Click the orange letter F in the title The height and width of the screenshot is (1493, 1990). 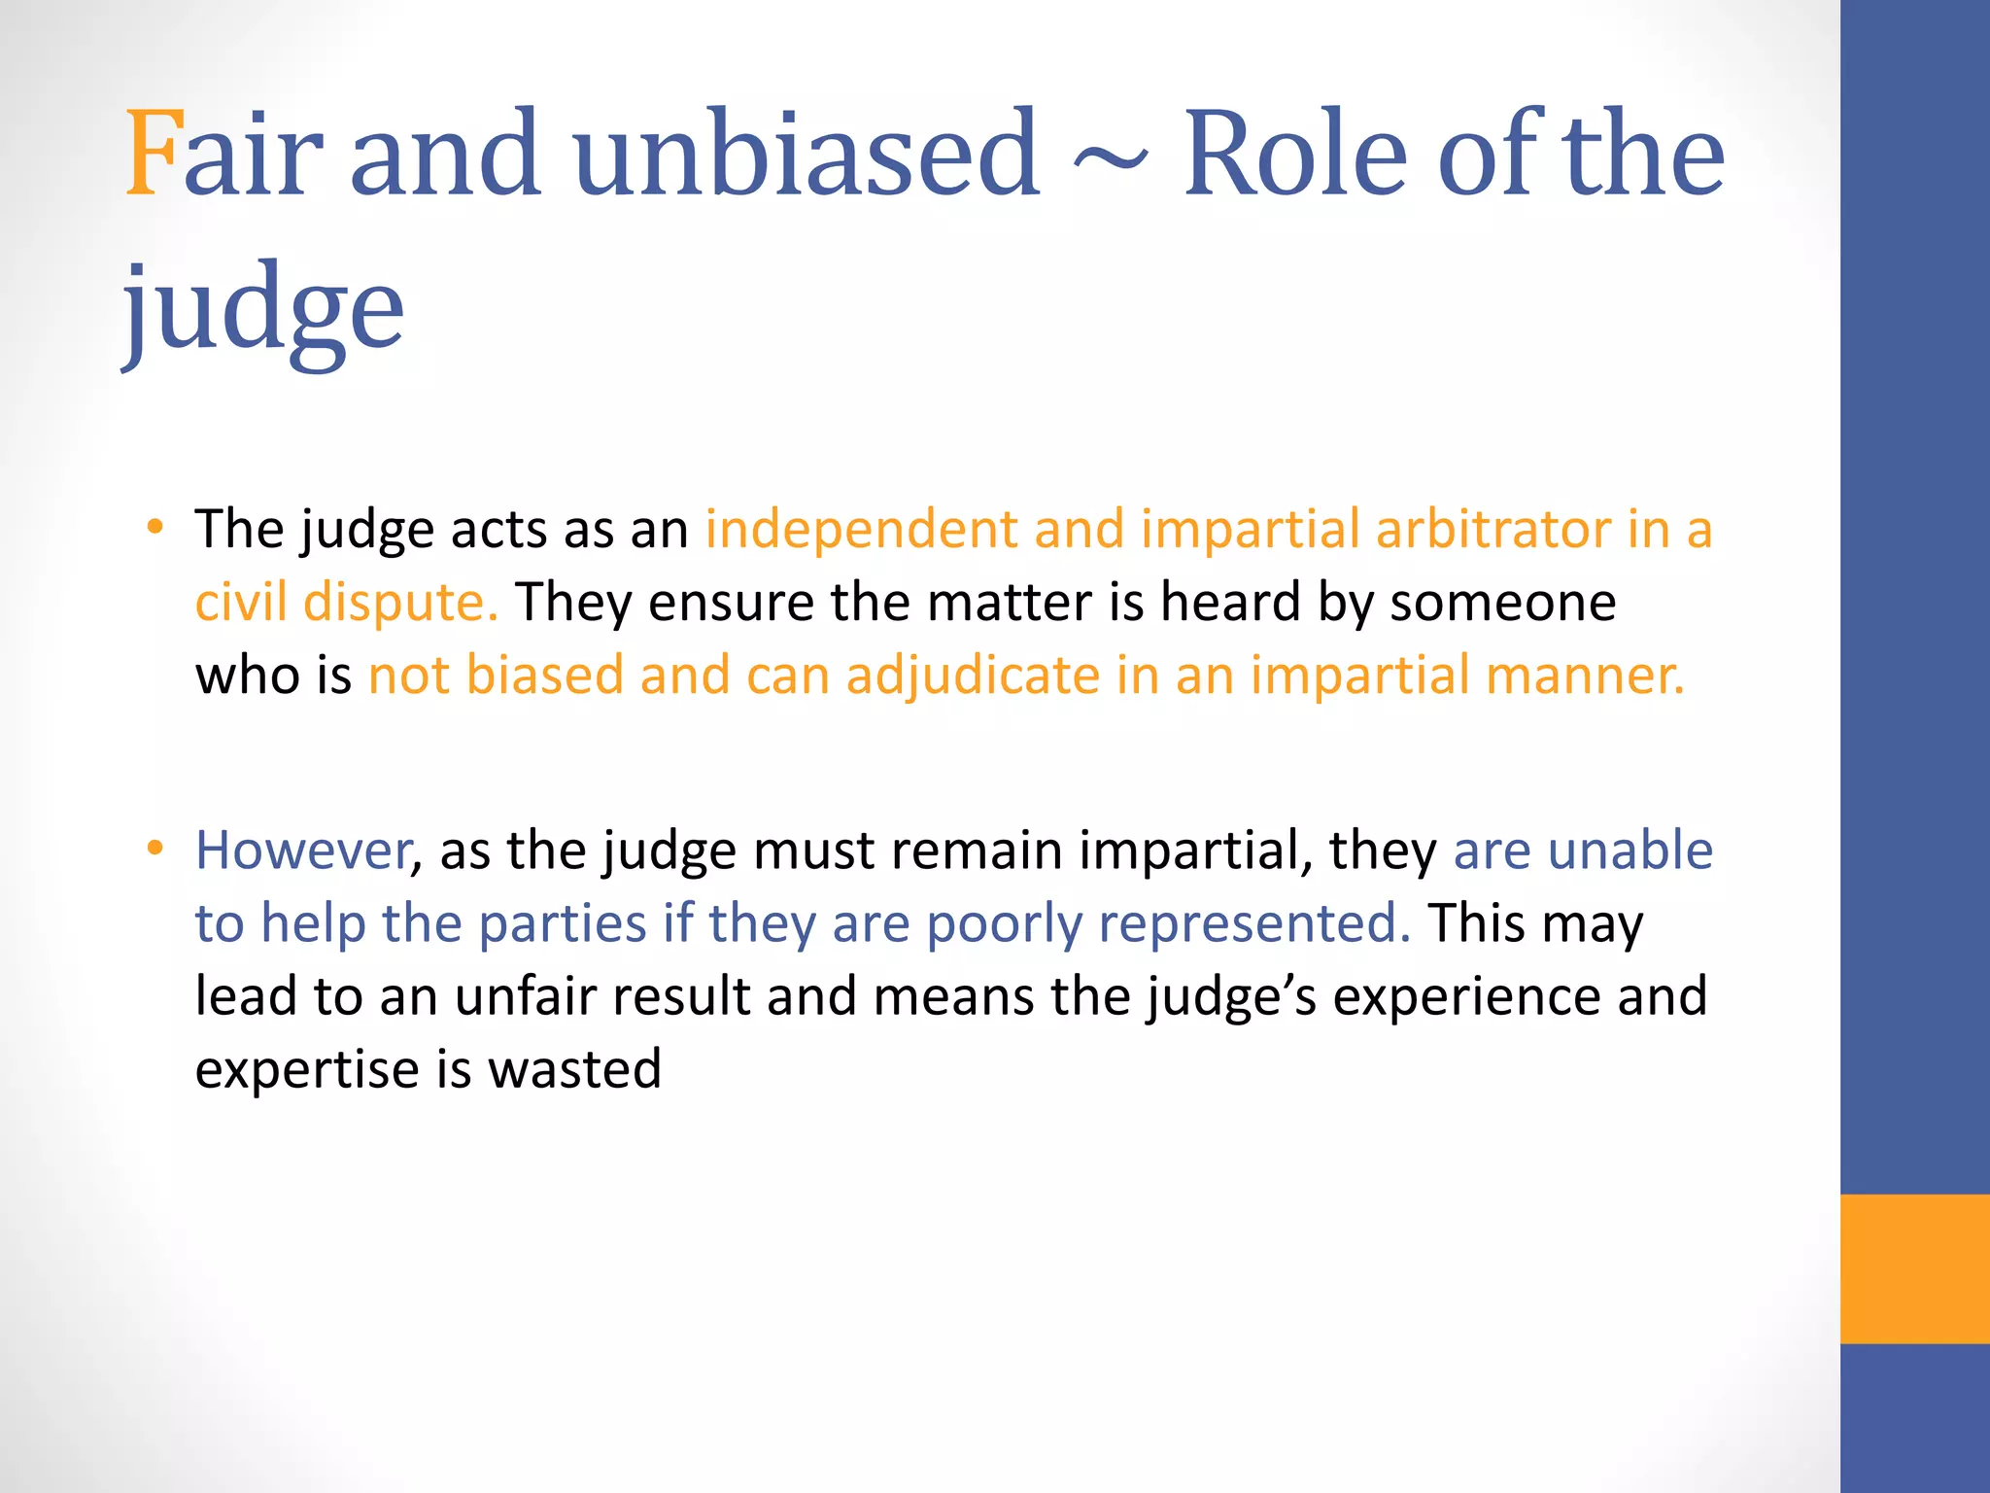click(154, 154)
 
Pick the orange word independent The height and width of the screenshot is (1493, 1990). click(861, 530)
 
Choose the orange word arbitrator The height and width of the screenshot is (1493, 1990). click(1493, 530)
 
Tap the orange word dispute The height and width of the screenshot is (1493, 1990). click(400, 603)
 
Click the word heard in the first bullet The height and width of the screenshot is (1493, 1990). click(1230, 603)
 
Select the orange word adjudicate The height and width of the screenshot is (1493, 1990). click(973, 676)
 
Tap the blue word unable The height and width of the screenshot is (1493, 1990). click(1630, 851)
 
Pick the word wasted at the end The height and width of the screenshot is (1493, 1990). click(574, 1069)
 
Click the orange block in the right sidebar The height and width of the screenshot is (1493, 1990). click(1914, 1268)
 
